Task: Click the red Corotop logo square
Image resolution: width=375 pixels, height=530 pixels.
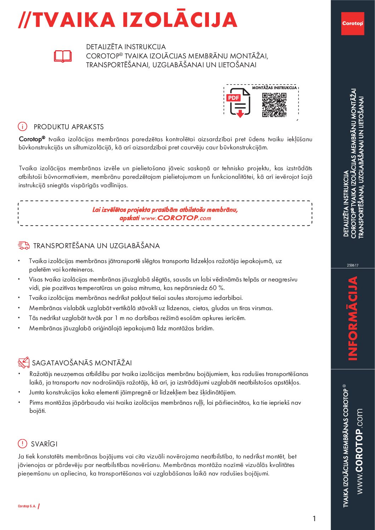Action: (352, 23)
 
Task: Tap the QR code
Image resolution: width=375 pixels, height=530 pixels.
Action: (274, 105)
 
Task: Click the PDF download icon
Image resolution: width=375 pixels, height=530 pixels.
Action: (239, 102)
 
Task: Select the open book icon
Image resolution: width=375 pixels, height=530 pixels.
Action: (63, 56)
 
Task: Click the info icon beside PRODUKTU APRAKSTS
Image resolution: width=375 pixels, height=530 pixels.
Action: (22, 126)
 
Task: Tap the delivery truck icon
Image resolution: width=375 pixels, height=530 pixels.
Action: (24, 245)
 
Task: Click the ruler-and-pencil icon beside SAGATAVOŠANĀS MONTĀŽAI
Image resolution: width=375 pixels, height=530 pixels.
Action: (24, 363)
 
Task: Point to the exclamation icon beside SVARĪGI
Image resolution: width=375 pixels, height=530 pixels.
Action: (22, 444)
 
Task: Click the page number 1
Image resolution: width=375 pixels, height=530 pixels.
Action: (314, 519)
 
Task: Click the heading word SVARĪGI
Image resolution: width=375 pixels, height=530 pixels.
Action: (44, 444)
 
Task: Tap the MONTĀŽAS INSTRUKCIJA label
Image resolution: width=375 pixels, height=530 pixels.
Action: (274, 87)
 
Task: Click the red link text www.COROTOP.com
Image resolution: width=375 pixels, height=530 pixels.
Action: (176, 218)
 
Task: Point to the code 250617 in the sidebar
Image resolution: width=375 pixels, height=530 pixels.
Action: (352, 265)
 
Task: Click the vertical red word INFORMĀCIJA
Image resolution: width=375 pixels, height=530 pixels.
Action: (353, 318)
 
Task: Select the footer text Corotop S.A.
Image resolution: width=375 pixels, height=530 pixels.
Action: (27, 506)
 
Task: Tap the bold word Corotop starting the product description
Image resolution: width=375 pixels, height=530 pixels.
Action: (32, 139)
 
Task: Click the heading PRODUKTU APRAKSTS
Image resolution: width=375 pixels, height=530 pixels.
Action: (69, 127)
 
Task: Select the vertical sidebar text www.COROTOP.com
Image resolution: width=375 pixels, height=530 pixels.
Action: (359, 451)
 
